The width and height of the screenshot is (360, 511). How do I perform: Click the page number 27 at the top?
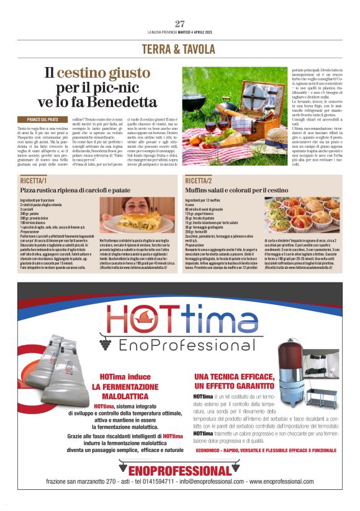click(x=180, y=24)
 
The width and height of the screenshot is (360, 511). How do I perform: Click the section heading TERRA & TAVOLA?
click(x=180, y=48)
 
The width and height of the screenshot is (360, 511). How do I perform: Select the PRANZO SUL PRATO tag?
click(x=43, y=119)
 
